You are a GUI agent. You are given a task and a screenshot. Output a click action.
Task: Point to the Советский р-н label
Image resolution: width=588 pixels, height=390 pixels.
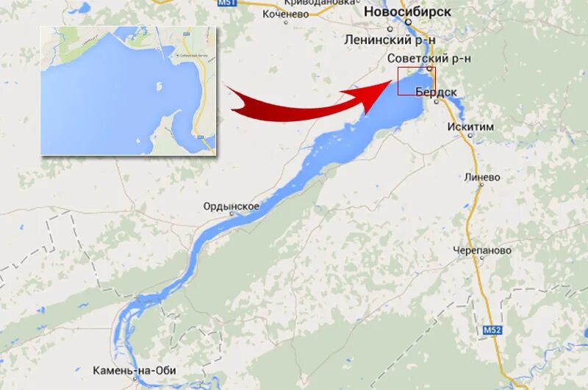429,58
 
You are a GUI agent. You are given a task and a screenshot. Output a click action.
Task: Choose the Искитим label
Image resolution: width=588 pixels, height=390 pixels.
470,127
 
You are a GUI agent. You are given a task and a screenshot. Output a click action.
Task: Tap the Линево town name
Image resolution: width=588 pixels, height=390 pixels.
482,177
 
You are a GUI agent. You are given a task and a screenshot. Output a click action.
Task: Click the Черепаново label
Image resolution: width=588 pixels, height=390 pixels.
481,250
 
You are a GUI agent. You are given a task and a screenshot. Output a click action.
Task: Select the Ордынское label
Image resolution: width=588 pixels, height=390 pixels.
232,206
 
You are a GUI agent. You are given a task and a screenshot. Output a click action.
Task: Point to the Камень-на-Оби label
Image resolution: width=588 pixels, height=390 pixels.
135,370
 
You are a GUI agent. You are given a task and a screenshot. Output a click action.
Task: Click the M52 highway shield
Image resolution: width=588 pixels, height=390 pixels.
492,331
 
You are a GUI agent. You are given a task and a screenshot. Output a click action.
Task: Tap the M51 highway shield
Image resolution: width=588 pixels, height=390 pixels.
228,4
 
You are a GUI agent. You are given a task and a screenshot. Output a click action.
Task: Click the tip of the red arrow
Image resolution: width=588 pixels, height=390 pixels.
388,83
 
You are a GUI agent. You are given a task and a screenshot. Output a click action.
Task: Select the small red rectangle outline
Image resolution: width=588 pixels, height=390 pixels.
416,81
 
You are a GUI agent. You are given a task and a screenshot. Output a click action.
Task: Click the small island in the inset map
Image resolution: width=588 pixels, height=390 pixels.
159,86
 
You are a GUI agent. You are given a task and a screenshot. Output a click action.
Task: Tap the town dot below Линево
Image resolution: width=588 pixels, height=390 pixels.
481,186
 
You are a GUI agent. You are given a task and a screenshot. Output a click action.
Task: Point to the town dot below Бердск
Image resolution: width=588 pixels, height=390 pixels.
436,102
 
